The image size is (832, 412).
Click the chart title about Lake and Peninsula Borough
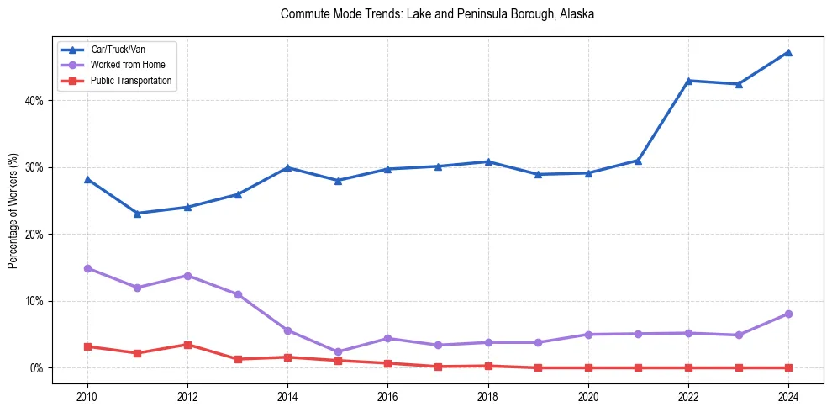tap(437, 14)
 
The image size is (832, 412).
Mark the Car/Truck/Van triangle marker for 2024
tap(788, 52)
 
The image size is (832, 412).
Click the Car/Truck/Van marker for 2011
tap(137, 214)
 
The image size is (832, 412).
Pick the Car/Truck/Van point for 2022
tap(688, 81)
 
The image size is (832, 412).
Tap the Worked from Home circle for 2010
tap(87, 268)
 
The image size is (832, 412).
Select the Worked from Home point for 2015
tap(338, 352)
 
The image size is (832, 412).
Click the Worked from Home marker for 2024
tap(788, 314)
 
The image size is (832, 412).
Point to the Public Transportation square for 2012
tap(187, 345)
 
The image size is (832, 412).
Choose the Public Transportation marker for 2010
tap(87, 346)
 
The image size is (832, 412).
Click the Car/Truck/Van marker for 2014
tap(287, 167)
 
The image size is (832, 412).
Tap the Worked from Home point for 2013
tap(238, 294)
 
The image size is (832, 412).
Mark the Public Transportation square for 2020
tap(588, 367)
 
